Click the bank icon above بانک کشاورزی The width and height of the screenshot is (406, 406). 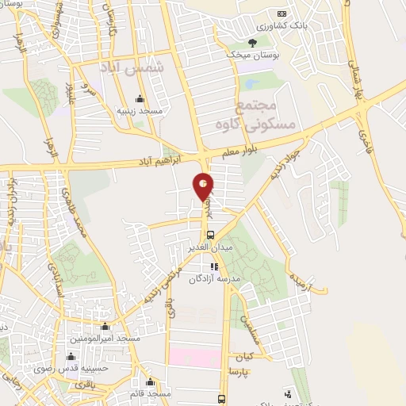[281, 13]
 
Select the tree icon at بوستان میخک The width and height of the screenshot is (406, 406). [252, 43]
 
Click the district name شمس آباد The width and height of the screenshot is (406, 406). [133, 70]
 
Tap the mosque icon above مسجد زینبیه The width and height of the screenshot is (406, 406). [140, 99]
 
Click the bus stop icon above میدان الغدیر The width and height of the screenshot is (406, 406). [209, 236]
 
